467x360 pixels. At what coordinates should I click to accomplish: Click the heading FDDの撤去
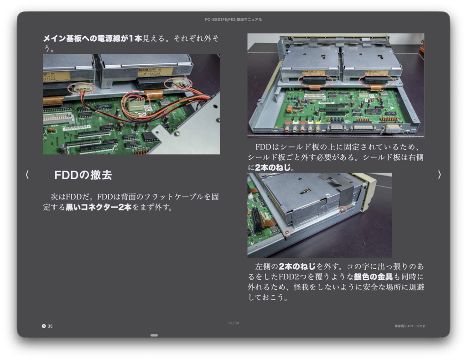(83, 175)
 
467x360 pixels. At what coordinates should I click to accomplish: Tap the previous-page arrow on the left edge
(27, 175)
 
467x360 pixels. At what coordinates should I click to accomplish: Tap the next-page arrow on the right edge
(439, 175)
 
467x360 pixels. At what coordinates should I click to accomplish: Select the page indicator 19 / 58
(233, 323)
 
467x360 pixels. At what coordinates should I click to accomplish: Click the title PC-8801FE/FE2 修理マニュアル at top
(233, 20)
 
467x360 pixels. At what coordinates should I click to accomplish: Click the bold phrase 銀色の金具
(373, 277)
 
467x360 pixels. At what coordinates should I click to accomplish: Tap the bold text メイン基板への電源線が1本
(93, 39)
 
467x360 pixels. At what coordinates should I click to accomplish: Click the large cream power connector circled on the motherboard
(135, 104)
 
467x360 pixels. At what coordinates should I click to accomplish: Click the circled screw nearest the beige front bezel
(343, 209)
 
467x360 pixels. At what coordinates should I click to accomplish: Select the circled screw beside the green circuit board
(286, 233)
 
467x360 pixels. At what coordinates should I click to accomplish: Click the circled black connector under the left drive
(316, 81)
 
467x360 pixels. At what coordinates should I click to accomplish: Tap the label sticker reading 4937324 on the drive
(156, 72)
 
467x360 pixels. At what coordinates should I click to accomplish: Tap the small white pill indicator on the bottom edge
(154, 335)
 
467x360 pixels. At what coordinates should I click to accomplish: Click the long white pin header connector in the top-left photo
(58, 117)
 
